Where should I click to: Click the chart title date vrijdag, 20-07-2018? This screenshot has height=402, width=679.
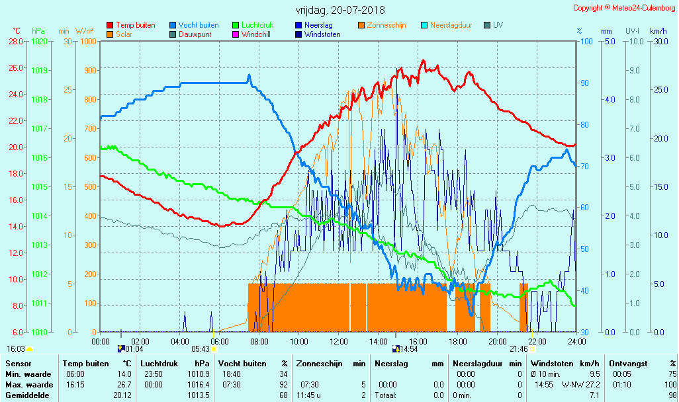click(x=339, y=11)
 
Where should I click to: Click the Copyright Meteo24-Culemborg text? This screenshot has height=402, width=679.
click(x=625, y=8)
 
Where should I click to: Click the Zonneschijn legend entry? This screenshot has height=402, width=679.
click(x=386, y=25)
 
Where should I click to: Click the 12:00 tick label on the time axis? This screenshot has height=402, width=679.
click(x=339, y=341)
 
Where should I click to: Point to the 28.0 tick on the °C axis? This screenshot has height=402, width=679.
click(x=16, y=41)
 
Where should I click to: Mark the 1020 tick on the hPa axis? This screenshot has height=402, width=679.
click(x=39, y=41)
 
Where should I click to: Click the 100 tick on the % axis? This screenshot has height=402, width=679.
click(x=585, y=41)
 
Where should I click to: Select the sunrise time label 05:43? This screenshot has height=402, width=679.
click(x=201, y=348)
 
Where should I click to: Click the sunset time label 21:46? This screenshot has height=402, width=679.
click(x=518, y=348)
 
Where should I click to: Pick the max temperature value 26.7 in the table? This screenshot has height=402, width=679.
click(x=124, y=385)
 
